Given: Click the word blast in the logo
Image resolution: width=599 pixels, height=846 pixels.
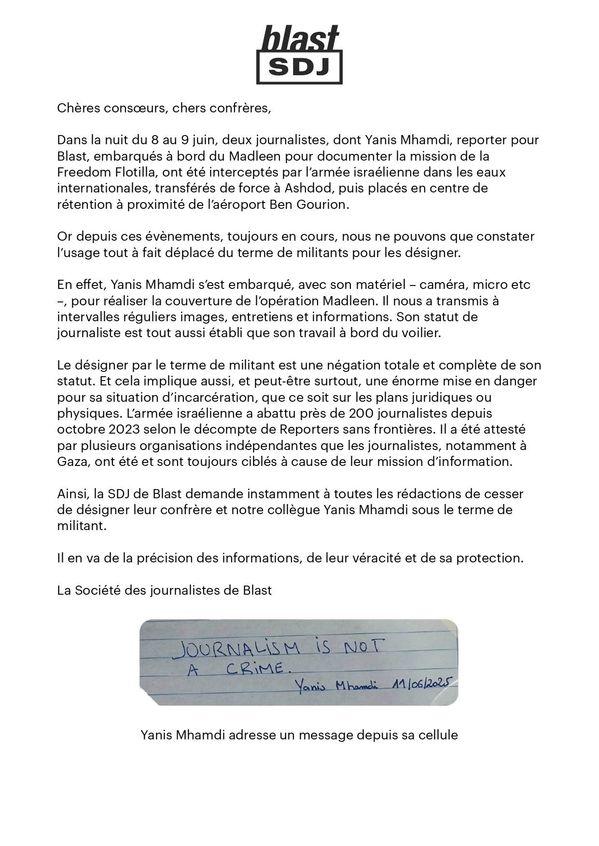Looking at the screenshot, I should click(x=300, y=39).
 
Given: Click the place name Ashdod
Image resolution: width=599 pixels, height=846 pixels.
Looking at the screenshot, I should click(x=301, y=188).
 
